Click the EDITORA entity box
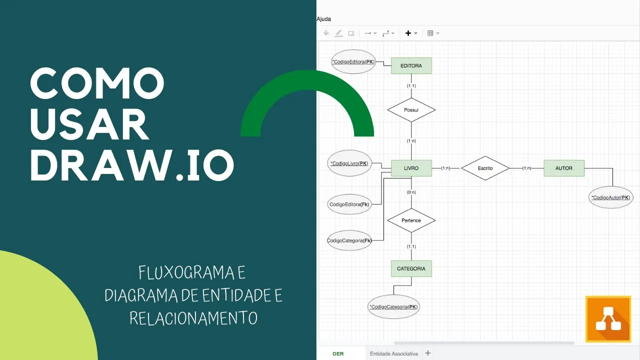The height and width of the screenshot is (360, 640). [x=411, y=65]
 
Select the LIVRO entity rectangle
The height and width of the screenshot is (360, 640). [x=411, y=168]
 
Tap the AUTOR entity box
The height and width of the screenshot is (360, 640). [x=563, y=168]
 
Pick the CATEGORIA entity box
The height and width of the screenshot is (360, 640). [x=411, y=268]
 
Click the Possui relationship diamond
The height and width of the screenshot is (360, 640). [x=411, y=109]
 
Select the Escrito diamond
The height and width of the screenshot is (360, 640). [x=485, y=168]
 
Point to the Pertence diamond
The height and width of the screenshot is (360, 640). [x=411, y=220]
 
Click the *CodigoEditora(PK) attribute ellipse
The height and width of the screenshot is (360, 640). [x=353, y=62]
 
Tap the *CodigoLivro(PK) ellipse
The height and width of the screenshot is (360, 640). [x=349, y=163]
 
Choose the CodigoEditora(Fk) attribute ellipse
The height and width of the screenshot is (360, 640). [x=349, y=204]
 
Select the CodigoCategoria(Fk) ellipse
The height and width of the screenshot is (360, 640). [x=349, y=240]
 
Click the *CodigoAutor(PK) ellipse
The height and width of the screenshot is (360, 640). [x=611, y=197]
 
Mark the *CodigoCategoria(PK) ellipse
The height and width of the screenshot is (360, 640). [x=393, y=307]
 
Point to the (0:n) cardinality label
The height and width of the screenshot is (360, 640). [x=411, y=192]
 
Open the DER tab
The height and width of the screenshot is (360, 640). [x=338, y=353]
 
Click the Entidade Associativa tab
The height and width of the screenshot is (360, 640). [x=393, y=353]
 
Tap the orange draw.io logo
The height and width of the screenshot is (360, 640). [x=608, y=319]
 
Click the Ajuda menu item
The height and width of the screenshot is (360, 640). [x=323, y=19]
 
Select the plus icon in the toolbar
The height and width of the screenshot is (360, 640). [x=408, y=33]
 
